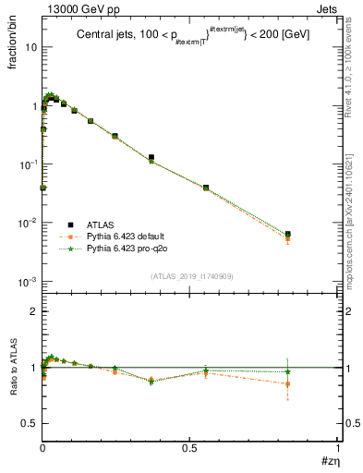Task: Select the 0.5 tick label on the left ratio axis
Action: point(28,423)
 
